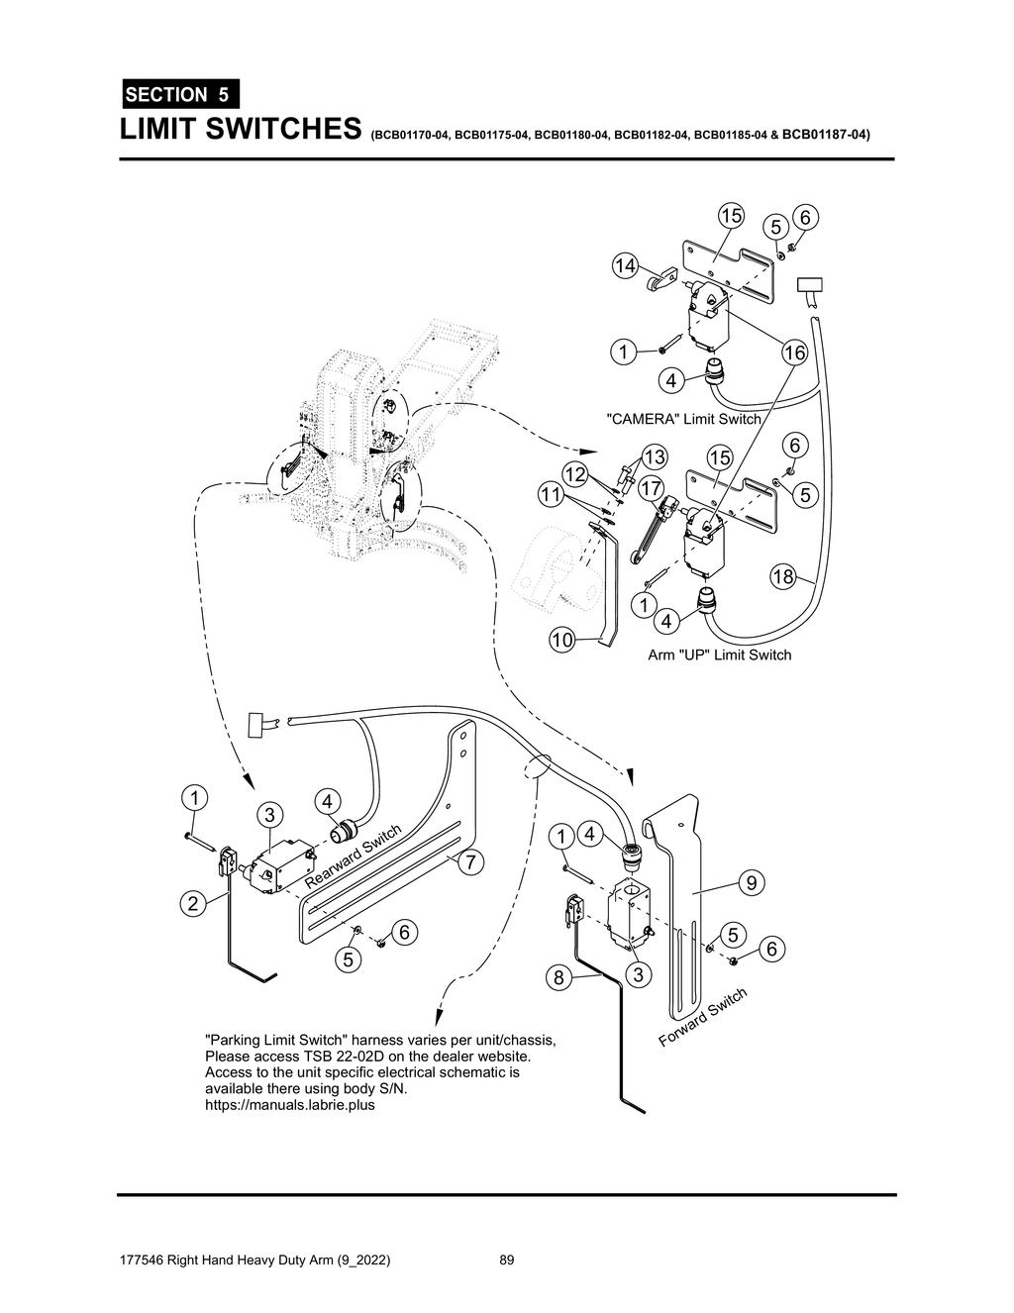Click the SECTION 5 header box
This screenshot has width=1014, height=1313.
click(x=179, y=95)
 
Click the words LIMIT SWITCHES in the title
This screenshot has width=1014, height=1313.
click(x=239, y=129)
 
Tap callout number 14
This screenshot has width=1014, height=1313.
click(x=624, y=265)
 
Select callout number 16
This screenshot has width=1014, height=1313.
click(x=794, y=353)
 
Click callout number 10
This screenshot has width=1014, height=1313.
click(x=562, y=640)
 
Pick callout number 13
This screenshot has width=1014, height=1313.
click(x=655, y=456)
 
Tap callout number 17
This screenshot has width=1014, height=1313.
click(x=651, y=488)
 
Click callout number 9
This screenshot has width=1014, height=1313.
click(x=752, y=881)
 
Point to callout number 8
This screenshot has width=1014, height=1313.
click(x=558, y=978)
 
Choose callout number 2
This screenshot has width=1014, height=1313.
click(x=193, y=902)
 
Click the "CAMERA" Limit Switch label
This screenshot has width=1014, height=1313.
click(x=683, y=419)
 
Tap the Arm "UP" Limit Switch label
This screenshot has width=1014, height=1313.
click(x=719, y=655)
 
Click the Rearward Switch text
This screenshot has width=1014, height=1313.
click(x=353, y=856)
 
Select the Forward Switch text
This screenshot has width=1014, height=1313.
click(x=703, y=1016)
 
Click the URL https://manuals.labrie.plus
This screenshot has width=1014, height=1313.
click(x=289, y=1105)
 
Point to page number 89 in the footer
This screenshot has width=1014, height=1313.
click(x=507, y=1261)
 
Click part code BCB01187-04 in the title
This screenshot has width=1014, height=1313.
click(x=825, y=133)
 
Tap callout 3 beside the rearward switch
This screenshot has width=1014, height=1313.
click(x=268, y=815)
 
